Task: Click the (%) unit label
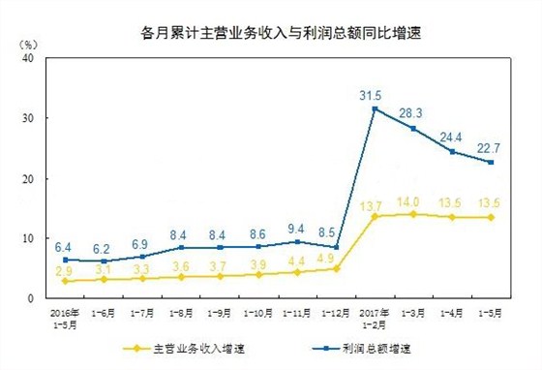point(30,44)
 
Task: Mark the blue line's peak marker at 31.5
point(375,108)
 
